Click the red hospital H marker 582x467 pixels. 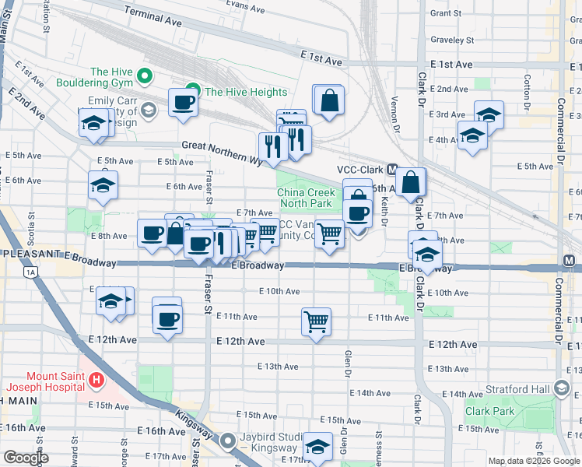point(96,381)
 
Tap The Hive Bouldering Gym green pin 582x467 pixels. point(144,75)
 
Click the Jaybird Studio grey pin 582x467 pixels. point(228,441)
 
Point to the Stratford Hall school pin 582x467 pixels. point(562,388)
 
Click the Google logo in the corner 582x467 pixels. point(26,458)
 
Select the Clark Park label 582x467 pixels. point(489,411)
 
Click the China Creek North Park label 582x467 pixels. point(306,198)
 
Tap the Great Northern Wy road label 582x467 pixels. point(223,150)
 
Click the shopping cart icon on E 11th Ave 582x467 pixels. point(316,321)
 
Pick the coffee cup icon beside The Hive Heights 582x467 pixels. point(184,102)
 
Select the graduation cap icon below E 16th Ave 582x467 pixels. point(317,447)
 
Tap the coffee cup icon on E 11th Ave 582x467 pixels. point(167,318)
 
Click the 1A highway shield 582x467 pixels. point(30,272)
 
